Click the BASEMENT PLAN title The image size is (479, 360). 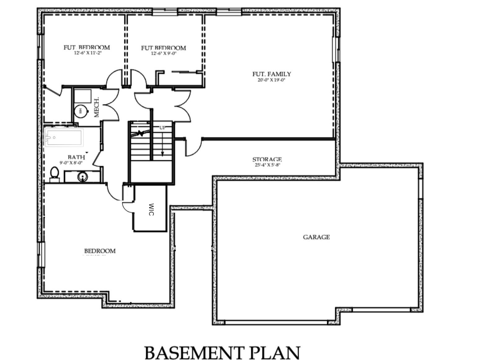pyautogui.click(x=222, y=353)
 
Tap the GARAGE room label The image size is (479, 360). pyautogui.click(x=316, y=237)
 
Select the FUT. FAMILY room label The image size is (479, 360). pyautogui.click(x=272, y=74)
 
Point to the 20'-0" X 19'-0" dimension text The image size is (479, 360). pyautogui.click(x=271, y=80)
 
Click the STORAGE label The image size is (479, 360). pyautogui.click(x=267, y=160)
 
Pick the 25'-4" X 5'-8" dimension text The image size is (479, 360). pyautogui.click(x=267, y=165)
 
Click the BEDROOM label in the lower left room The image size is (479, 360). pyautogui.click(x=100, y=251)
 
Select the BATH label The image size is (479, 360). pyautogui.click(x=76, y=157)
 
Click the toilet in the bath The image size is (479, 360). pyautogui.click(x=55, y=174)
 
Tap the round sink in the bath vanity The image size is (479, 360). pyautogui.click(x=83, y=177)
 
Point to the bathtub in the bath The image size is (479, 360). pyautogui.click(x=64, y=137)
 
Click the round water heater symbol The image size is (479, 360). pyautogui.click(x=80, y=110)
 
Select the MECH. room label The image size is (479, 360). pyautogui.click(x=96, y=107)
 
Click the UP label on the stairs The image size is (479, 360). pyautogui.click(x=162, y=128)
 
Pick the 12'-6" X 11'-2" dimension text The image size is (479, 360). pyautogui.click(x=88, y=53)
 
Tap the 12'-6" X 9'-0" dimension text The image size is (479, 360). pyautogui.click(x=164, y=53)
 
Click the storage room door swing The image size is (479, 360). pyautogui.click(x=193, y=148)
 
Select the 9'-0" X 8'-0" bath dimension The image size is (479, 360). pyautogui.click(x=71, y=163)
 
